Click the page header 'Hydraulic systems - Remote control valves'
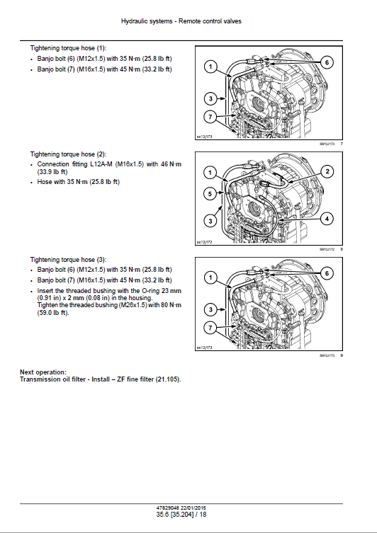[x=188, y=21]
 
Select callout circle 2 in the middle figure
[x=327, y=171]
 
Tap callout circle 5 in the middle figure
[x=210, y=193]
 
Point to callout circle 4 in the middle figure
[x=327, y=219]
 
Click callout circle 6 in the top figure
[x=327, y=62]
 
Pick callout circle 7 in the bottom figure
[x=210, y=327]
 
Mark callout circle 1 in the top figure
[x=210, y=68]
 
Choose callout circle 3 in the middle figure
[x=210, y=222]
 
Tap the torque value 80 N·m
[x=169, y=304]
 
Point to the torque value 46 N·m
[x=168, y=164]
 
